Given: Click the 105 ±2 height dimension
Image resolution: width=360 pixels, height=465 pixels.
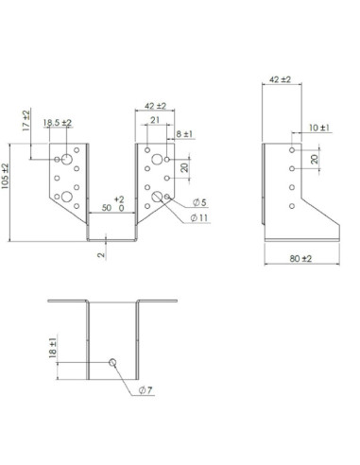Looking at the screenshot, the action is point(6,176).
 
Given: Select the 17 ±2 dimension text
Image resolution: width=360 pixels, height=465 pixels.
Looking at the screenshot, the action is point(26,120).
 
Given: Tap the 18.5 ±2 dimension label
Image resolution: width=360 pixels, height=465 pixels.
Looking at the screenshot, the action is point(58,123).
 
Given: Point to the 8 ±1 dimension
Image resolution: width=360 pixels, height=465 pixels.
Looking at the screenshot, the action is point(184,134).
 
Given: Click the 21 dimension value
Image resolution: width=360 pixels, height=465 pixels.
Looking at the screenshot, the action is point(155,120).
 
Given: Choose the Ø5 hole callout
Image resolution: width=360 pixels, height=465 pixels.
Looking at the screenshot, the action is point(199,202).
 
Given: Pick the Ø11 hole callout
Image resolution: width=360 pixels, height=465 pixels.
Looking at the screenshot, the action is point(199,217).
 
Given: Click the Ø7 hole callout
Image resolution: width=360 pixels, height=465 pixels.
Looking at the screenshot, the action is point(146,390).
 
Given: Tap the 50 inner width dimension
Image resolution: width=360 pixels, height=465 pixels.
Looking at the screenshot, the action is point(107,208).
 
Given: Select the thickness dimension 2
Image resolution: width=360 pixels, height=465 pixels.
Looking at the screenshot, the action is point(101,254).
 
